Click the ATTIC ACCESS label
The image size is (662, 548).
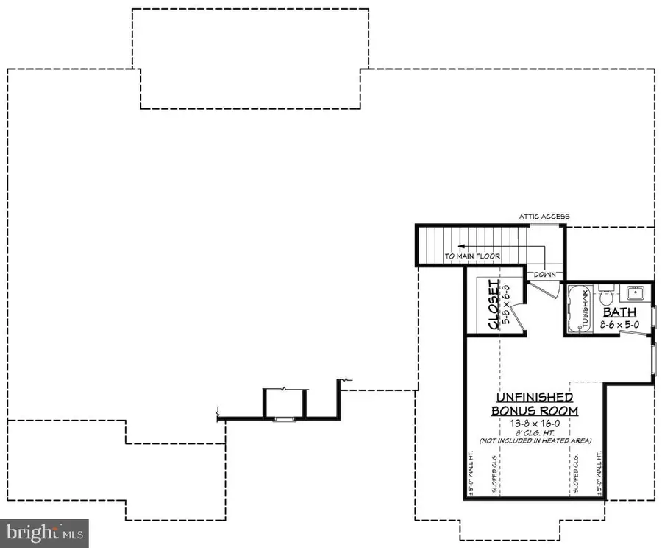coord(544,217)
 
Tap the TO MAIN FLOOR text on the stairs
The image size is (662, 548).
coord(472,256)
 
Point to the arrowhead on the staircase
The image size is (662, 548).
coord(458,247)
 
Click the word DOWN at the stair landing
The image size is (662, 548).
coord(546,273)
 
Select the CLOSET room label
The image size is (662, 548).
coord(495,305)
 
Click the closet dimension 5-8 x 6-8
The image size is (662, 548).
coord(505,305)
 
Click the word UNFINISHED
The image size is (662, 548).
coord(534,398)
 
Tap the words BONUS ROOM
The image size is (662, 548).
coord(535,410)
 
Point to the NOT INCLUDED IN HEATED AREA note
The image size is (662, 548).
coord(535,440)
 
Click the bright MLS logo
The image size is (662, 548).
coord(44,532)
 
